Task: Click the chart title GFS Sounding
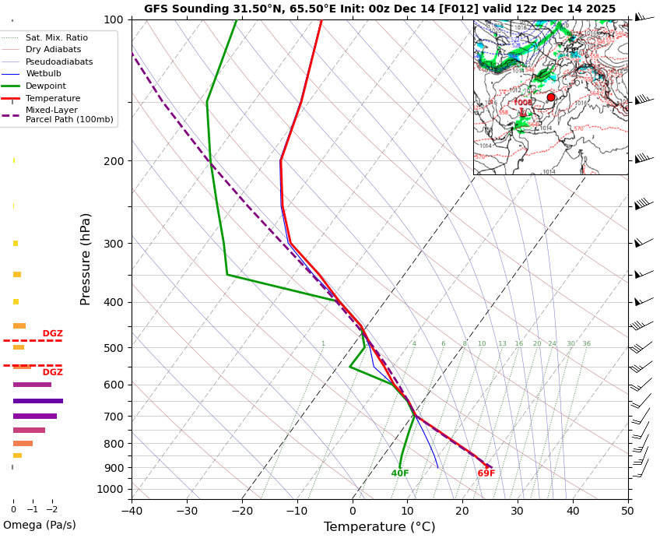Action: [379, 9]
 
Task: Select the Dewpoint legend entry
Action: [46, 86]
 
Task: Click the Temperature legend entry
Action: [52, 98]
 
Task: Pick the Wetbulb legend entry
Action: [45, 73]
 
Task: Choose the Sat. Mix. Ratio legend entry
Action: [56, 37]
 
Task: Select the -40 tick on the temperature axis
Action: [132, 512]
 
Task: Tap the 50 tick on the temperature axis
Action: [627, 512]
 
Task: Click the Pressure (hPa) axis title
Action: [86, 258]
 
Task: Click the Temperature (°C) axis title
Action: [379, 527]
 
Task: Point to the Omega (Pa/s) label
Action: [40, 525]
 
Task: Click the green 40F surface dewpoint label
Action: [400, 473]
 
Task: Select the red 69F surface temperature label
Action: [486, 473]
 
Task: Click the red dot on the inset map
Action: [551, 97]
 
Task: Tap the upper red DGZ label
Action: [53, 333]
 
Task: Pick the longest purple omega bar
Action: [38, 401]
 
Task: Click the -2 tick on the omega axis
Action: [52, 510]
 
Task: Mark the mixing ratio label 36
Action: [586, 343]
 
